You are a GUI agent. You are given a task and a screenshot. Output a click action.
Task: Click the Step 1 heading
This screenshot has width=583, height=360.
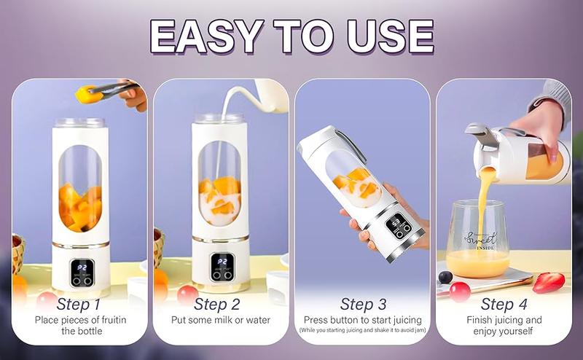coord(79,303)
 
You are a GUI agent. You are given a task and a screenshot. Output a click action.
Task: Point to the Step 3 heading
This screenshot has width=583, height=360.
coord(362,303)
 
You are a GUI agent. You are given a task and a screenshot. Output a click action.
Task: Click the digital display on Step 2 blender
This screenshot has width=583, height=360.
coord(221,264)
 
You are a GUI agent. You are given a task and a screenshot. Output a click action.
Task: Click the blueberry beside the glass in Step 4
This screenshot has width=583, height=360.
coord(445,278)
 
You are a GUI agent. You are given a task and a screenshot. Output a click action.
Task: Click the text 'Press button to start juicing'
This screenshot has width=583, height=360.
coord(362,320)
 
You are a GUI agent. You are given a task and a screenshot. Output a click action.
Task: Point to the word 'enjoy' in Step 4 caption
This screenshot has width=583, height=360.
coord(483,332)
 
